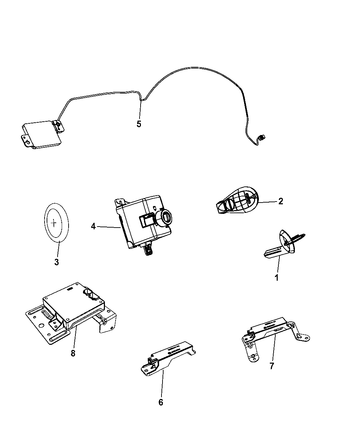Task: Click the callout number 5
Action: point(139,124)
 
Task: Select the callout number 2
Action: point(280,201)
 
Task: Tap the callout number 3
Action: point(57,262)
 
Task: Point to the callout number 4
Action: point(93,226)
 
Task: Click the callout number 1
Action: point(276,278)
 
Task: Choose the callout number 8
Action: point(73,353)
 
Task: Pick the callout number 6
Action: point(161,402)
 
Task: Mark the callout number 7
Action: point(272,366)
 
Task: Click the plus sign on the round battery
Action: point(54,223)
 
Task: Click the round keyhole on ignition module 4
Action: point(166,217)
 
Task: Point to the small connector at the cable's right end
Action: point(262,138)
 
